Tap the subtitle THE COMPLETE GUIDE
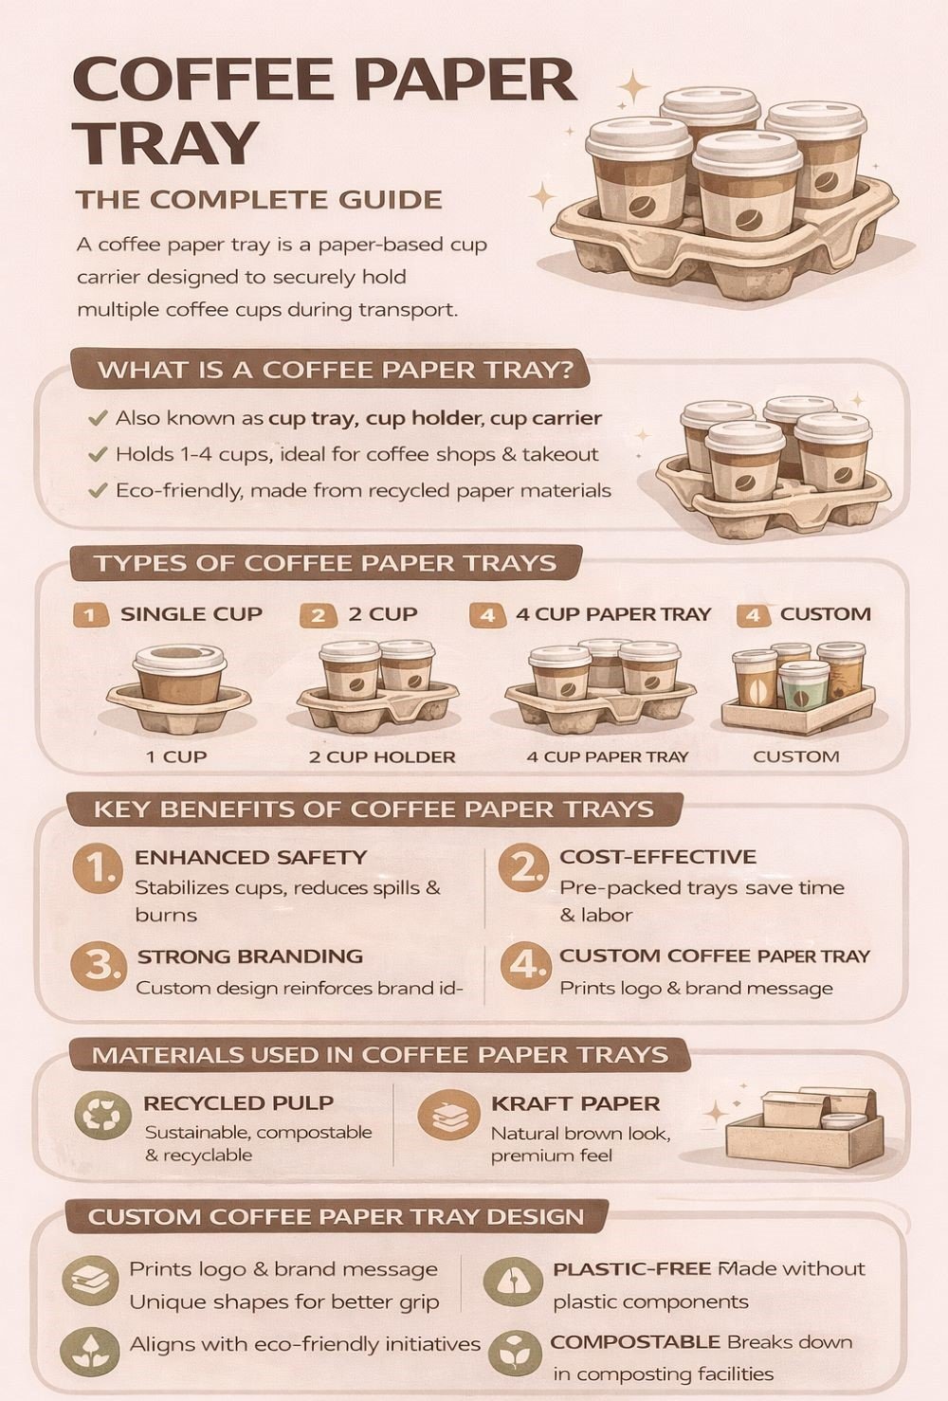pyautogui.click(x=259, y=200)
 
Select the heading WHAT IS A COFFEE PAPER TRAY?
pyautogui.click(x=337, y=370)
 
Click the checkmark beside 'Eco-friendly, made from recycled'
pyautogui.click(x=97, y=490)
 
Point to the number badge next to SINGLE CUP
pyautogui.click(x=90, y=614)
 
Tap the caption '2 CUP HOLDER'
pyautogui.click(x=382, y=756)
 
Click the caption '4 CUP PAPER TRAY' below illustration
pyautogui.click(x=608, y=756)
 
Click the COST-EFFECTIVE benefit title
pyautogui.click(x=658, y=856)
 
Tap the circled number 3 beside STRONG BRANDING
pyautogui.click(x=98, y=966)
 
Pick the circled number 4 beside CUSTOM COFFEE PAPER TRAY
pyautogui.click(x=524, y=966)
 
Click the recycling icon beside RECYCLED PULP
pyautogui.click(x=102, y=1115)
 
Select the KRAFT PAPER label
pyautogui.click(x=575, y=1103)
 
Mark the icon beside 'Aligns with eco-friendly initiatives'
pyautogui.click(x=89, y=1350)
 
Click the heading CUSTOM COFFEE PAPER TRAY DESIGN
pyautogui.click(x=337, y=1216)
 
